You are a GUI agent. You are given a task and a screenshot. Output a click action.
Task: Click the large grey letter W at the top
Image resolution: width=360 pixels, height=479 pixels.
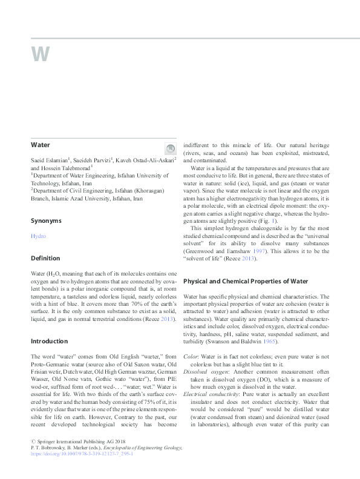click(x=41, y=55)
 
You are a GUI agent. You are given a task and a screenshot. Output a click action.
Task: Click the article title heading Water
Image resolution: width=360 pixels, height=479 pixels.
click(x=41, y=145)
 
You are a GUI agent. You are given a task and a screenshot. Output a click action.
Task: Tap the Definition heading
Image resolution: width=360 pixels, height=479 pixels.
click(x=45, y=258)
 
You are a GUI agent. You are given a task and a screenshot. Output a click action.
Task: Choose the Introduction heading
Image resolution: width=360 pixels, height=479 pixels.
click(x=50, y=341)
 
